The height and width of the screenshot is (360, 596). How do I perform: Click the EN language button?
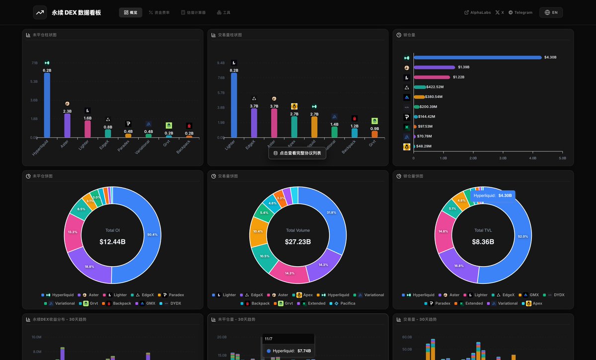tap(551, 12)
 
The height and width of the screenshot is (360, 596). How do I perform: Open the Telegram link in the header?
tap(520, 12)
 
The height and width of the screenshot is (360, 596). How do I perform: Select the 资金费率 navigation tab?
tap(159, 12)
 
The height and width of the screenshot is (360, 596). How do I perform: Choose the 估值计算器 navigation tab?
tap(193, 12)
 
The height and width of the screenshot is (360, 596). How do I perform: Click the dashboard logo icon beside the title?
tap(40, 12)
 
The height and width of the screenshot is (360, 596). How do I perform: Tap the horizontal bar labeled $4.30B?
tap(477, 58)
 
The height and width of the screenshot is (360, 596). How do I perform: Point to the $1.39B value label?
tap(464, 67)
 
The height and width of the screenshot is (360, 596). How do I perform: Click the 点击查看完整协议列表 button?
tap(297, 153)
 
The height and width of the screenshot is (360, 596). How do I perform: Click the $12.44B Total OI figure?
tap(112, 242)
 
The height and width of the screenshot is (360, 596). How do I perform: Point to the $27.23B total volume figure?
tap(298, 242)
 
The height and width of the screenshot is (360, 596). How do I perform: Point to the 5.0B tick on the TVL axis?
tap(562, 158)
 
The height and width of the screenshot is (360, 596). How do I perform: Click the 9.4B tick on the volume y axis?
tap(221, 63)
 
